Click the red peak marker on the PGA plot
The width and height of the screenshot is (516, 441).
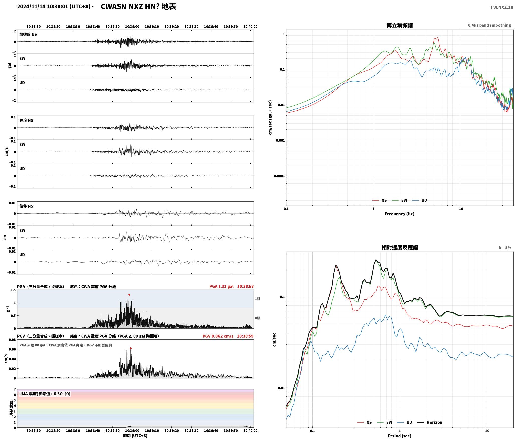(x=129, y=295)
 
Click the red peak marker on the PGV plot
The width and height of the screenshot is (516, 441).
(x=131, y=348)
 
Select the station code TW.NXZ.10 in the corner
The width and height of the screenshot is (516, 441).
(x=502, y=7)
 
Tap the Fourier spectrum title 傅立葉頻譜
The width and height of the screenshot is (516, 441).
(x=400, y=25)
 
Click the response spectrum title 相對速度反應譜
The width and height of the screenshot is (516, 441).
(x=400, y=247)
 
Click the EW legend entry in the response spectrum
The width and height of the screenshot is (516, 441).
(x=385, y=422)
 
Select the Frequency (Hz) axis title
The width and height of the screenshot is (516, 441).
(x=400, y=214)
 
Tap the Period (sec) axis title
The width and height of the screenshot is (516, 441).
(x=400, y=436)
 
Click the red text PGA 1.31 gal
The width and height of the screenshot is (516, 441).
(x=221, y=286)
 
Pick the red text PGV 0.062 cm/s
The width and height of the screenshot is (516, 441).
(x=218, y=336)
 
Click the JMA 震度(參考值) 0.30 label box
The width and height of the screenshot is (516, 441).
(x=45, y=394)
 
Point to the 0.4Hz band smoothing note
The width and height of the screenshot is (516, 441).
(x=489, y=25)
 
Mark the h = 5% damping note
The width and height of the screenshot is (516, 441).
(x=505, y=248)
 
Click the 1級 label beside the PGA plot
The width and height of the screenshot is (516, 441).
(x=257, y=299)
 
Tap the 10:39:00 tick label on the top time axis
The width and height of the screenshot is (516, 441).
(x=132, y=27)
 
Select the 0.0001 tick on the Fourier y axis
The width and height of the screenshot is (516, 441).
(x=279, y=176)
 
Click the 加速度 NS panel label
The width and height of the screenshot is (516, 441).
(x=28, y=34)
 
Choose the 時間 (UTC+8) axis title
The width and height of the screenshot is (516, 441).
(x=135, y=436)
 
